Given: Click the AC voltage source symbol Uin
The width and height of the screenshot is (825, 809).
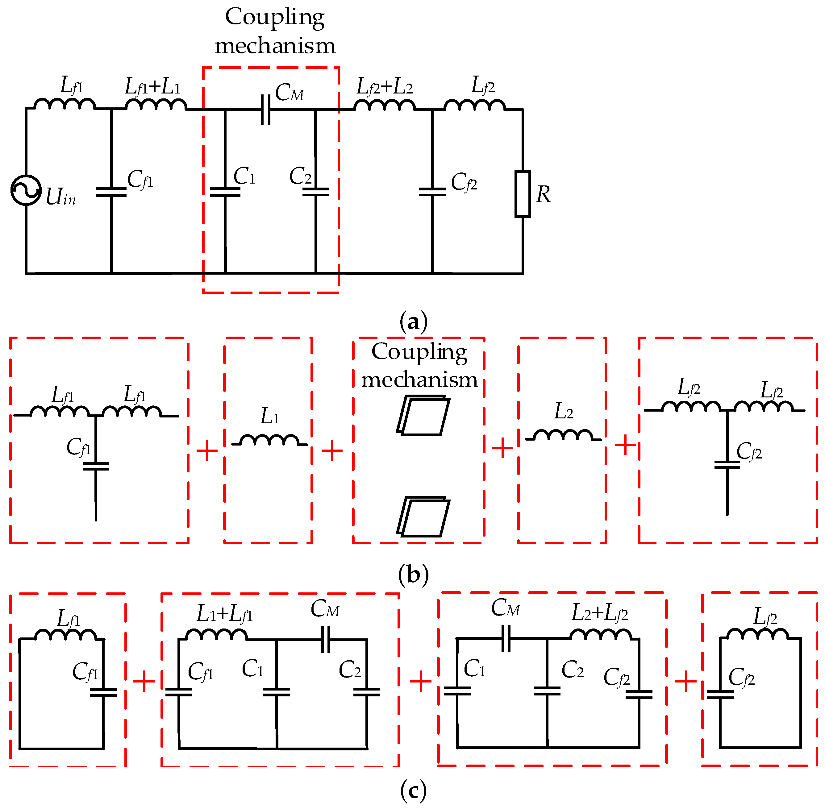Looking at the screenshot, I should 26,190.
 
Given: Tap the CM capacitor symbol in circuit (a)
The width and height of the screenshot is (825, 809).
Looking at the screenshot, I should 265,109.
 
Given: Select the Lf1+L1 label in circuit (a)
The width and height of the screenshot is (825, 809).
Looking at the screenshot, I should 152,86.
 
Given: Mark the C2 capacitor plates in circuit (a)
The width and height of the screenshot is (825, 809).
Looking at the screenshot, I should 315,192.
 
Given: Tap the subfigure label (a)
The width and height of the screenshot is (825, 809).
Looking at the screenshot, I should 413,322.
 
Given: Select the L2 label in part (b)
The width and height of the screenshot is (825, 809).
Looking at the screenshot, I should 564,411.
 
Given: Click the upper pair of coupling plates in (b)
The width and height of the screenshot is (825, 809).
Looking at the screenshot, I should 423,416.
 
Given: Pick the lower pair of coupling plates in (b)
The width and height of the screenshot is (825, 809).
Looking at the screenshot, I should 423,517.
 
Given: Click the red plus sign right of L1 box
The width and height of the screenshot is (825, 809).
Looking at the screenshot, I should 332,450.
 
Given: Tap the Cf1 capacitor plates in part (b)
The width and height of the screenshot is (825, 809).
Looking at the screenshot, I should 96,466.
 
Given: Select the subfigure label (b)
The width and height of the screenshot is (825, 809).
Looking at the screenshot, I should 413,575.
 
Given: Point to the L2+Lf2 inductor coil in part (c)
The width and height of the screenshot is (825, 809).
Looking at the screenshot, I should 600,634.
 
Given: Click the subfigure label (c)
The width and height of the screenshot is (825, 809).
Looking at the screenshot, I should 413,790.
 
